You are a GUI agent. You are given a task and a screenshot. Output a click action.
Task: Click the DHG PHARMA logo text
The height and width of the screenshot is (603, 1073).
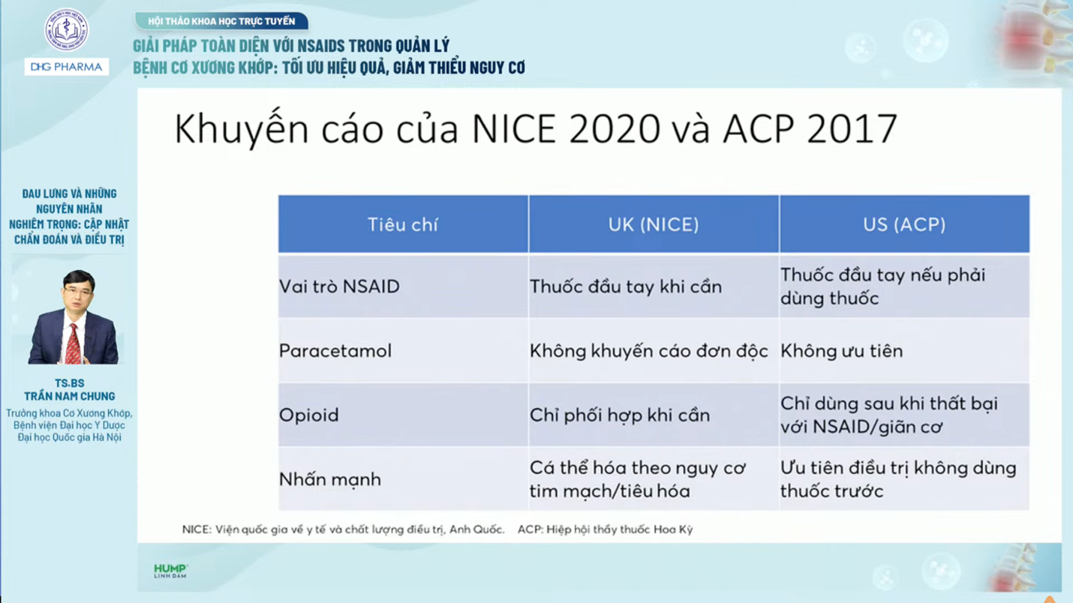[x=66, y=67]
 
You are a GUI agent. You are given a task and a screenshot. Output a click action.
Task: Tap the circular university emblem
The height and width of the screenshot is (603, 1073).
[x=66, y=30]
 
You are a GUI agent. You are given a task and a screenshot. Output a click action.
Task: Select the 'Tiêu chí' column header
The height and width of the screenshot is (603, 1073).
[x=403, y=224]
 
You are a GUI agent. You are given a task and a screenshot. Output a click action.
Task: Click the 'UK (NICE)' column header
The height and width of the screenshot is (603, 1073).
[x=654, y=224]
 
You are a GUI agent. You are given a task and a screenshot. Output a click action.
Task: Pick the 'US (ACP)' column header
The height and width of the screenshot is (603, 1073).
[x=904, y=224]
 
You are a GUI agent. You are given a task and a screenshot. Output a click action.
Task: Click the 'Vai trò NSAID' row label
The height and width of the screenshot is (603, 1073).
[x=339, y=286]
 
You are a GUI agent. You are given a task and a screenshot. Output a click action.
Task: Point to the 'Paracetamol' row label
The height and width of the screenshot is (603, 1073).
[x=335, y=351]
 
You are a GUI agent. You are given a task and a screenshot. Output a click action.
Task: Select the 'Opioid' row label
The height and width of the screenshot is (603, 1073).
[x=308, y=415]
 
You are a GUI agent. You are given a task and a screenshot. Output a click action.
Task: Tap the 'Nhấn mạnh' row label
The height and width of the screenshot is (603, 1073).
[x=329, y=479]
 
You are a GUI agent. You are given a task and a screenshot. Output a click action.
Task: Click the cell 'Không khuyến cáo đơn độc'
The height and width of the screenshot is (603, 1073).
[x=648, y=351]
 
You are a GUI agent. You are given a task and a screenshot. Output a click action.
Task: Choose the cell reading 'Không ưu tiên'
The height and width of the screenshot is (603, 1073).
[x=841, y=351]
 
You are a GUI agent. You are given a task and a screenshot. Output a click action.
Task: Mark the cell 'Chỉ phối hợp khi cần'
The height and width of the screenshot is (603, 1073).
[x=619, y=415]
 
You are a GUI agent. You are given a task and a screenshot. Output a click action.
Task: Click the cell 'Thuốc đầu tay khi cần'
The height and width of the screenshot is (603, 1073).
[x=625, y=286]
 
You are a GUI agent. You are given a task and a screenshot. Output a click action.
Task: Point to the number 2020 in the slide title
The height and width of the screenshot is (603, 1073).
[x=615, y=129]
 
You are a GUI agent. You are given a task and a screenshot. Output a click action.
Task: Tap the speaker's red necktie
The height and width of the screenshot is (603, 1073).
[x=74, y=344]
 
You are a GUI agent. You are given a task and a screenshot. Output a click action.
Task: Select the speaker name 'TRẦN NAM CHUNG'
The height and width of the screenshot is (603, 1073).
[x=69, y=396]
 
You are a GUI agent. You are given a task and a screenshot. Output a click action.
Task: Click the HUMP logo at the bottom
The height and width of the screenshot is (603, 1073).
[x=170, y=570]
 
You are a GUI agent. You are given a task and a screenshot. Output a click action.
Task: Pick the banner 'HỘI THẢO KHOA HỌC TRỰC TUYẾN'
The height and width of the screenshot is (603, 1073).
[x=221, y=21]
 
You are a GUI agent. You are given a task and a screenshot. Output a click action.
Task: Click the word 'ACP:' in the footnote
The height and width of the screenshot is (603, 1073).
[x=530, y=529]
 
